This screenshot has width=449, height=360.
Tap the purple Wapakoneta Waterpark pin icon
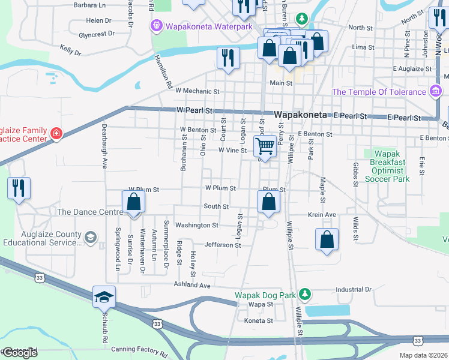157,26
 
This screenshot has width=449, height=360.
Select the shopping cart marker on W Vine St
265,145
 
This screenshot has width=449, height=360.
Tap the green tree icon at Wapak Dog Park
306,294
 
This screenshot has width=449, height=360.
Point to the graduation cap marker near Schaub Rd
104,297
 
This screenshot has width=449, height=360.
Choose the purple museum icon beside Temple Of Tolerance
436,92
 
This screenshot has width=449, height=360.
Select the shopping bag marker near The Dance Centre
133,202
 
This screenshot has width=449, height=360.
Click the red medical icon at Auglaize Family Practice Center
56,133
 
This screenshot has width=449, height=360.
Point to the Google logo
19,352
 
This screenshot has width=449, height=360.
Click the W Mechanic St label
197,92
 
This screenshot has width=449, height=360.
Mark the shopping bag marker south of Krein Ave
326,239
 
